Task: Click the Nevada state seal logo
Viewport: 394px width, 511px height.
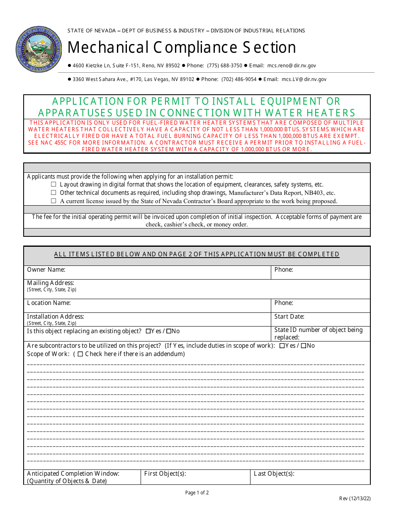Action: pos(39,49)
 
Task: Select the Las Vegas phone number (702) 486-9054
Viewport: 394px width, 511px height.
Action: pos(239,79)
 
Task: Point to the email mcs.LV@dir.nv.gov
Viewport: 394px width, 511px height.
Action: pos(304,79)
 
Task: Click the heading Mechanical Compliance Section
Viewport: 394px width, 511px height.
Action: pos(182,47)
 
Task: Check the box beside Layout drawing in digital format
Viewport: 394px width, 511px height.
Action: pos(54,184)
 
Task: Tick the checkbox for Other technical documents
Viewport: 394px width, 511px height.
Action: pos(54,192)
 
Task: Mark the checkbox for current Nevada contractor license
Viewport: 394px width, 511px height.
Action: pos(54,201)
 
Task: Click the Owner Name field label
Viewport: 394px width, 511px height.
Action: pos(46,270)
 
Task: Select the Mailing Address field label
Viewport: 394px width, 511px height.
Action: pos(51,283)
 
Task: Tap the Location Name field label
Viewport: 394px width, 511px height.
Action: pos(49,303)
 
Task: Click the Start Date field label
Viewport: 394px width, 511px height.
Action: pos(289,317)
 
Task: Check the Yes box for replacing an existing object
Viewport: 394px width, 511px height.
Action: pos(148,332)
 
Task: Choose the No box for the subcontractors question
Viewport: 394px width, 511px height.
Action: pos(304,346)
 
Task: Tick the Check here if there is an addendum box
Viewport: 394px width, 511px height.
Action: pos(80,354)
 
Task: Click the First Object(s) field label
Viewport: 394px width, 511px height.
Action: pos(165,474)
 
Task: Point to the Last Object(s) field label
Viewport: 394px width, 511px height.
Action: pos(274,474)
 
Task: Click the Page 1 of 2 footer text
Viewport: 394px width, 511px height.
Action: pos(197,493)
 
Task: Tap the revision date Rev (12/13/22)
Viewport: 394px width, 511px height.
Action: pos(355,499)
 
